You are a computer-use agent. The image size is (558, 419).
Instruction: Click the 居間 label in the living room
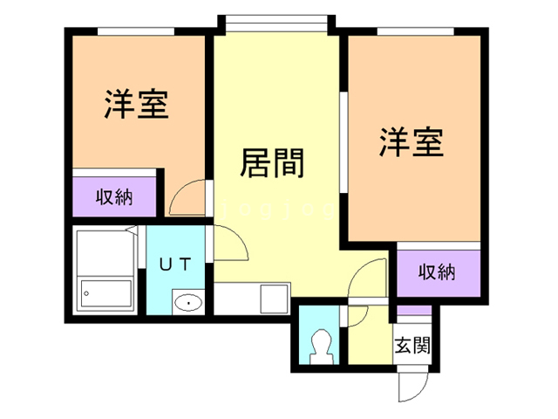point(271,162)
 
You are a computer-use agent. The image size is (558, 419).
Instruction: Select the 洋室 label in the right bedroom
point(411,143)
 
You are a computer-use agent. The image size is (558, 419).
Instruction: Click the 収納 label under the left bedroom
point(114,196)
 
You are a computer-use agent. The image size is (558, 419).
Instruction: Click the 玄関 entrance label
point(411,345)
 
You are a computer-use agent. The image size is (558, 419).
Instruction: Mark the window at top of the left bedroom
point(134,31)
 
